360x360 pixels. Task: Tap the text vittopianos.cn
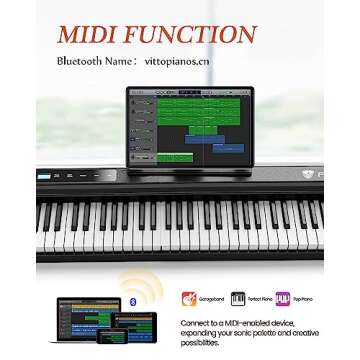pyautogui.click(x=176, y=61)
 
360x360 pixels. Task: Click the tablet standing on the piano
pyautogui.click(x=190, y=125)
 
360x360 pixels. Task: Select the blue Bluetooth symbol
pyautogui.click(x=138, y=301)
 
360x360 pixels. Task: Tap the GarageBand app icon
pyautogui.click(x=188, y=299)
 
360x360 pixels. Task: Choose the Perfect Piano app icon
pyautogui.click(x=237, y=299)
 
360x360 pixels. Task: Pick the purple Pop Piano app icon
pyautogui.click(x=282, y=299)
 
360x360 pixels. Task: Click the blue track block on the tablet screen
pyautogui.click(x=223, y=150)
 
